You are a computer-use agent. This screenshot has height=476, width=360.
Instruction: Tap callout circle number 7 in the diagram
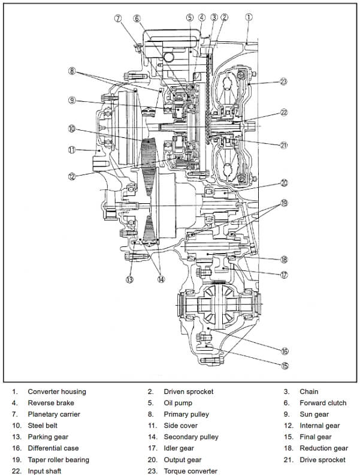[118, 18]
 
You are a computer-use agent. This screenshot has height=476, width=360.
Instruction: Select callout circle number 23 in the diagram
[283, 82]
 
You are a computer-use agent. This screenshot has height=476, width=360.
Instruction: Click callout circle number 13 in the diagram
[129, 279]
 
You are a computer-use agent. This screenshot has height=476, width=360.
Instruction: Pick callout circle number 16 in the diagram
[285, 351]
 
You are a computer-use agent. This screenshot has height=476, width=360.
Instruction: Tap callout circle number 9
[71, 100]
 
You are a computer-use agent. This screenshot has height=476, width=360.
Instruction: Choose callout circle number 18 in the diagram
[284, 259]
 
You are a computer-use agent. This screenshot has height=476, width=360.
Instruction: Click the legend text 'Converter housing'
[57, 391]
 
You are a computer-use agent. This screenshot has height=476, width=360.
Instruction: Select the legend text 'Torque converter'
[190, 471]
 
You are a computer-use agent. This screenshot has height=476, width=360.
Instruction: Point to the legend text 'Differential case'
[53, 448]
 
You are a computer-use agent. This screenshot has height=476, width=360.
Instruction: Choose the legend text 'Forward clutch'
[323, 403]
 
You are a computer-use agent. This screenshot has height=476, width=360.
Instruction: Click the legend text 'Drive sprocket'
[322, 460]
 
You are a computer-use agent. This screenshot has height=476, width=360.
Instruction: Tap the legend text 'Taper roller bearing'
[59, 460]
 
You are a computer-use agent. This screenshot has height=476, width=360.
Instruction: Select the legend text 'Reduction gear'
[323, 448]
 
